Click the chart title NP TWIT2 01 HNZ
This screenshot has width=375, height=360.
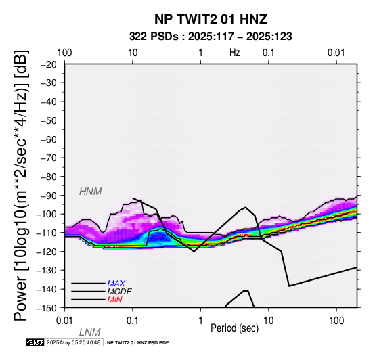[211, 19]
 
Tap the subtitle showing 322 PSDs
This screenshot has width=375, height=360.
[211, 37]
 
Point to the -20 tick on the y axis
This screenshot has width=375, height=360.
[49, 64]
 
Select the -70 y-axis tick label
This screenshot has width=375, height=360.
[49, 158]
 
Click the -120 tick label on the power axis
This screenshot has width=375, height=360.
[47, 252]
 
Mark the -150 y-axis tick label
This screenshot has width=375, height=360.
[47, 308]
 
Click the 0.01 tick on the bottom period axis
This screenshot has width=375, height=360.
[64, 321]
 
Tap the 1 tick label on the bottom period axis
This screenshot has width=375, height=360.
[200, 321]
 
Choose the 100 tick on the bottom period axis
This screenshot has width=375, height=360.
[336, 321]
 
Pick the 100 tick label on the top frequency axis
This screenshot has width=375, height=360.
[64, 53]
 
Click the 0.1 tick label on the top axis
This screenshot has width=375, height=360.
[268, 53]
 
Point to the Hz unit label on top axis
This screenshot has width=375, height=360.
[235, 53]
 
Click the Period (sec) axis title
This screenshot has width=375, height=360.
[235, 328]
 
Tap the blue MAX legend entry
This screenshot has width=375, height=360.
[116, 284]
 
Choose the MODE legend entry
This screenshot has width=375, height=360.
[120, 292]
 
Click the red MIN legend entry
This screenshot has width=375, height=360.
[115, 300]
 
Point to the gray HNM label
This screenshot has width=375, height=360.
[91, 192]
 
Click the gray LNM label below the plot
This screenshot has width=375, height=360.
[89, 332]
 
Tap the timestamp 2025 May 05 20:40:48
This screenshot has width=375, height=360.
[73, 342]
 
